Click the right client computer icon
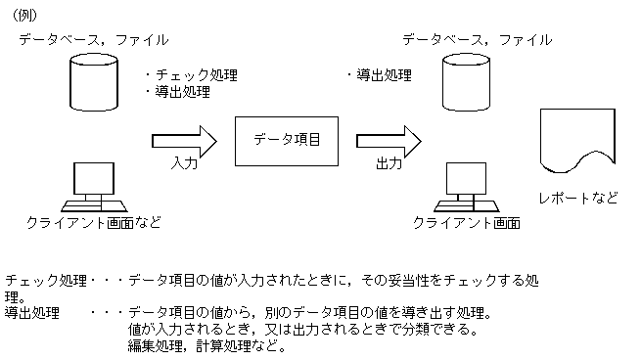coord(465,186)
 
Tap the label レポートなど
coord(578,198)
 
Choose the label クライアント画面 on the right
coord(466,223)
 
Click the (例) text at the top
coord(26,13)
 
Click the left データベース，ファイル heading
coord(93,39)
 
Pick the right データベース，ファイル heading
coord(477,39)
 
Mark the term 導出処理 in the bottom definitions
coord(32,313)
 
